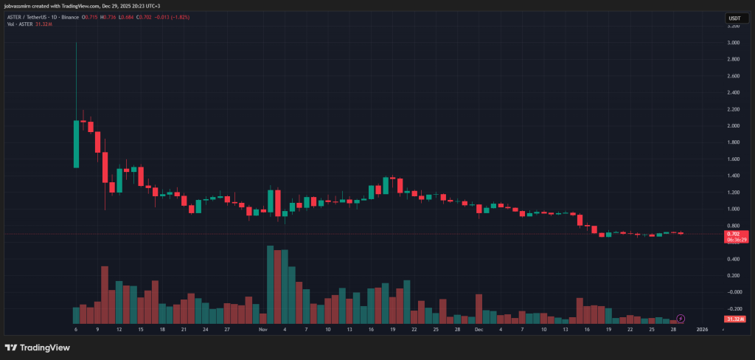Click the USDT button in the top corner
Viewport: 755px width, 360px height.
point(734,17)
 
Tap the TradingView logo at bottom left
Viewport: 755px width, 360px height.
point(35,347)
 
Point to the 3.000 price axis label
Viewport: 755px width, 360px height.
point(733,43)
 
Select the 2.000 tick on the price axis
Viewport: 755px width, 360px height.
point(733,125)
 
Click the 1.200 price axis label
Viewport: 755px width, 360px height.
point(733,193)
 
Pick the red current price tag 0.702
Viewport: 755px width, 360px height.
point(734,233)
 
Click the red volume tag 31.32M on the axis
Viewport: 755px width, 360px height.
point(734,319)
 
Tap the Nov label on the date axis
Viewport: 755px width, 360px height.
point(262,329)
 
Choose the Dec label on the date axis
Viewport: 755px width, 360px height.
point(479,329)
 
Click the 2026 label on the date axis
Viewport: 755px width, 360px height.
point(702,329)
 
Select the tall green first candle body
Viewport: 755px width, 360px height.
point(76,144)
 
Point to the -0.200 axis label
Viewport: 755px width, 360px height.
point(733,308)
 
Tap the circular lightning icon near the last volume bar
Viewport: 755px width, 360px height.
point(681,318)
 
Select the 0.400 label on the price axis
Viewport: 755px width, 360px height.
point(733,259)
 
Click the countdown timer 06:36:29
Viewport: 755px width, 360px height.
point(734,239)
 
